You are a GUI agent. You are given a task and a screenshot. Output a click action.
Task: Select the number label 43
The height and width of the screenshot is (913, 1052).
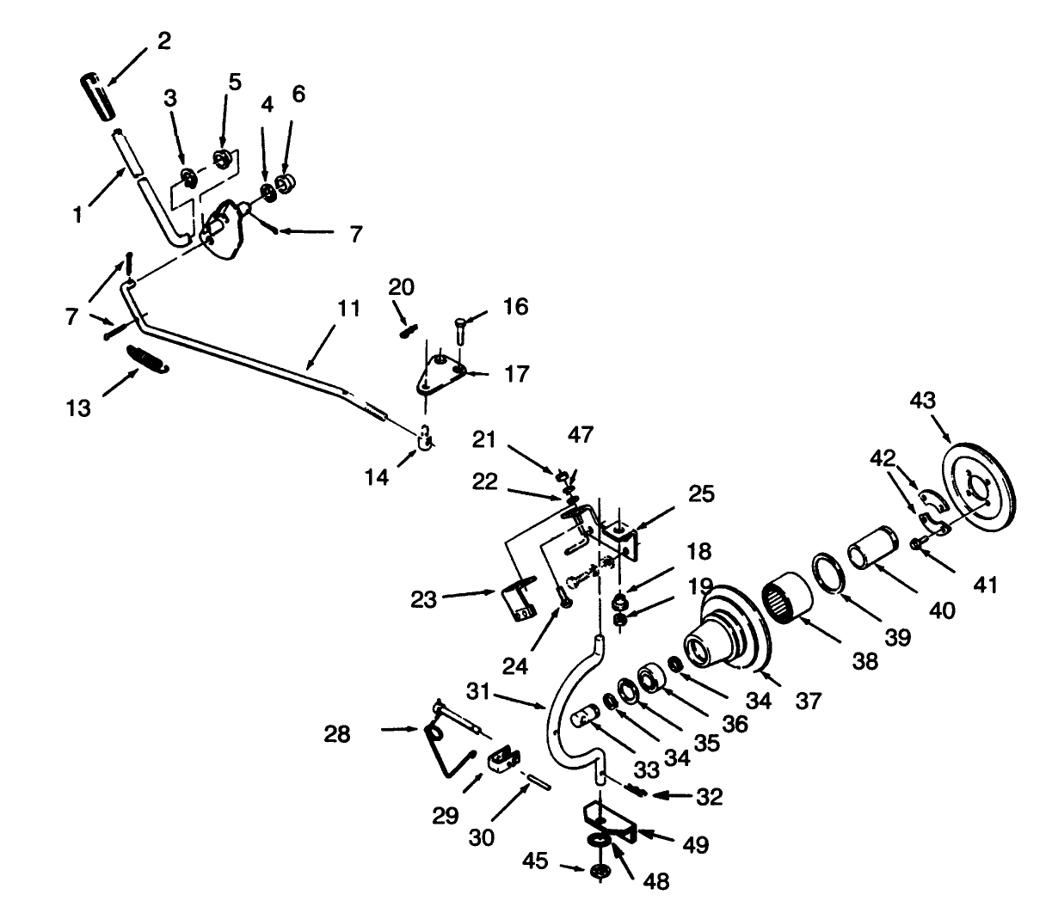pyautogui.click(x=924, y=401)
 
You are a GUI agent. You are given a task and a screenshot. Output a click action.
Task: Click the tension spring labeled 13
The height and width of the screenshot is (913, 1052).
pyautogui.click(x=148, y=358)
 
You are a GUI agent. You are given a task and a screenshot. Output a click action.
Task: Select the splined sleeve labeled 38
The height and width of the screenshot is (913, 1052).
pyautogui.click(x=785, y=594)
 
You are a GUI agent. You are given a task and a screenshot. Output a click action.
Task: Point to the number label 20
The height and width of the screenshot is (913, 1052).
pyautogui.click(x=402, y=287)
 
